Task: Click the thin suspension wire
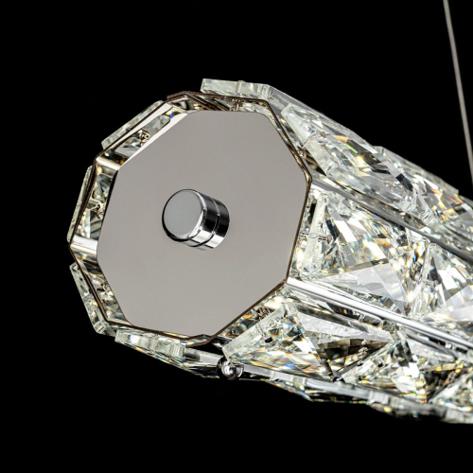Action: point(463,57)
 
